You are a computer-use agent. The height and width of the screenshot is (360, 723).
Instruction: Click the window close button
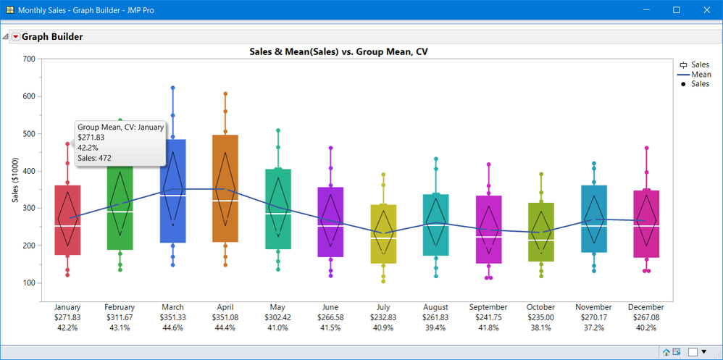[706, 10]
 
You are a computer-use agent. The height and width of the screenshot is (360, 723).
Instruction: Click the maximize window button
[676, 10]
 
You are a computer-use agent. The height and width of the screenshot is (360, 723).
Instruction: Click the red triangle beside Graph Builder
[15, 36]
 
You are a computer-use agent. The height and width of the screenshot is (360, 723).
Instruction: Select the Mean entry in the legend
[701, 75]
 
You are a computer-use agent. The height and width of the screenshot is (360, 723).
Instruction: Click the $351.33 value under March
[172, 317]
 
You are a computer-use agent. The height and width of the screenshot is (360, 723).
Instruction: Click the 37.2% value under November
[593, 327]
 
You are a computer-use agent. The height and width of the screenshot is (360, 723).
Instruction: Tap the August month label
[435, 307]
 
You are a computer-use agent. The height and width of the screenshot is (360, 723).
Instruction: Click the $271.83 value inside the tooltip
[91, 138]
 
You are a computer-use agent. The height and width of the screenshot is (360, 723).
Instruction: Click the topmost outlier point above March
[173, 88]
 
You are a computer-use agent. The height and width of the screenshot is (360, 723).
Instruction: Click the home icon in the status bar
[666, 352]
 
